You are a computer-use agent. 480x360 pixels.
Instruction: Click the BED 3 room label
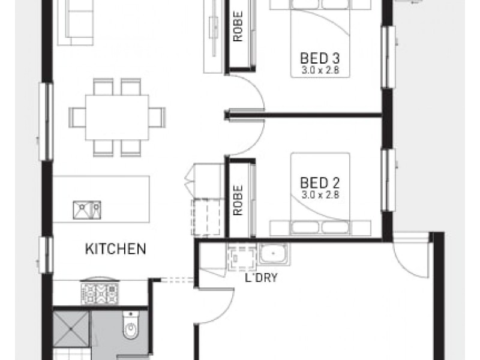click(x=320, y=59)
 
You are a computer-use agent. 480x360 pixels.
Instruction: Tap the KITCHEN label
click(x=115, y=248)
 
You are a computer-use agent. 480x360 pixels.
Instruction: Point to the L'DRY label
click(x=257, y=278)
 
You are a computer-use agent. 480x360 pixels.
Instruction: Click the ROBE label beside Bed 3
click(x=238, y=28)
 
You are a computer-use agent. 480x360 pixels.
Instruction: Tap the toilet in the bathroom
click(x=130, y=327)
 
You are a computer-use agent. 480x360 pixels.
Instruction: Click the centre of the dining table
click(x=117, y=116)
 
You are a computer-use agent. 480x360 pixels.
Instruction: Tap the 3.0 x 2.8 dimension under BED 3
click(x=320, y=70)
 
